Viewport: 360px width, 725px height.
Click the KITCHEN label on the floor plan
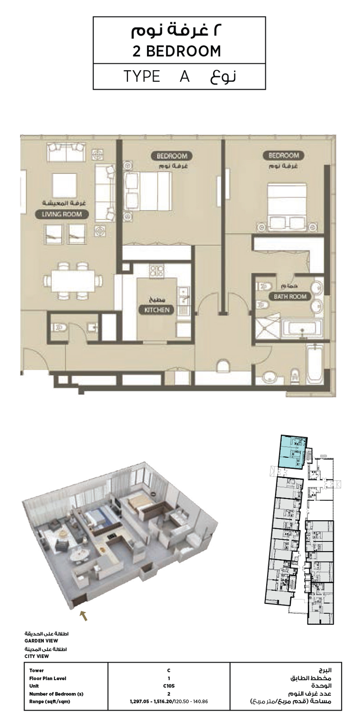[157, 310]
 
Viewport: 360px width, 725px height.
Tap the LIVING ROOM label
[62, 214]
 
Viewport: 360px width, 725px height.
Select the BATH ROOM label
[290, 296]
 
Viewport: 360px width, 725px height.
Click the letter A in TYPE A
[185, 76]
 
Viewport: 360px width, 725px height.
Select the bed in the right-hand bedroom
[287, 205]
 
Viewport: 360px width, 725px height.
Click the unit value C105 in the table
[169, 686]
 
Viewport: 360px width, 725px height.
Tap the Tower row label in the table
[37, 670]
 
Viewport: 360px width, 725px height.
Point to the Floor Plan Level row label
[48, 678]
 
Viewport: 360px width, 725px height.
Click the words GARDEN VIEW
[41, 641]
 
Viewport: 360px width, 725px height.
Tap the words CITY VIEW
[37, 656]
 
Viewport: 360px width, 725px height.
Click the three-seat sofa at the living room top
[66, 152]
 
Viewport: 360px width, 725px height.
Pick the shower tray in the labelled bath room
[266, 326]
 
